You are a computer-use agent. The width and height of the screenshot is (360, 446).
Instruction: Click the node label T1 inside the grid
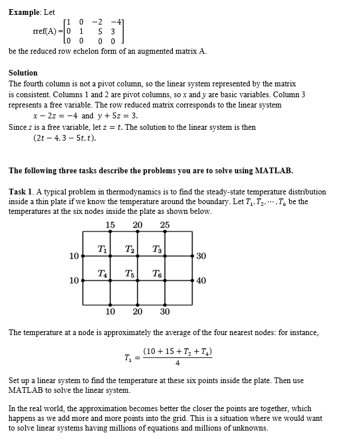101,249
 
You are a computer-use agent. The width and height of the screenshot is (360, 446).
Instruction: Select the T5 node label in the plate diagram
129,274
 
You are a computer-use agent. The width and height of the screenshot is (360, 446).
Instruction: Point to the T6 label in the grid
157,274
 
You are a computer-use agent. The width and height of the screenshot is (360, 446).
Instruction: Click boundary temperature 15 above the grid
110,225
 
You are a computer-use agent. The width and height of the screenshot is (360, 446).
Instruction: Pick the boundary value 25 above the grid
165,225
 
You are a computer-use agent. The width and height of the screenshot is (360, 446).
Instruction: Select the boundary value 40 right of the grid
201,280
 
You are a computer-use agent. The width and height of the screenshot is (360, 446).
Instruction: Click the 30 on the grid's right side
201,256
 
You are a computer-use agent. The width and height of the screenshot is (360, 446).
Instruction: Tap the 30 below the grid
165,312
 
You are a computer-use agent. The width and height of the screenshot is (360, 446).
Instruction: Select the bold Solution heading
23,73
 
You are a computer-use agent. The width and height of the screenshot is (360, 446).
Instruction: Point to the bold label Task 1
21,192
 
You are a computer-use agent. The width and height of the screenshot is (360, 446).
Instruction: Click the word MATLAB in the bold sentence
274,170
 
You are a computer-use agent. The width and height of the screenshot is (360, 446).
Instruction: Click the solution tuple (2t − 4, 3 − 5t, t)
64,138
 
